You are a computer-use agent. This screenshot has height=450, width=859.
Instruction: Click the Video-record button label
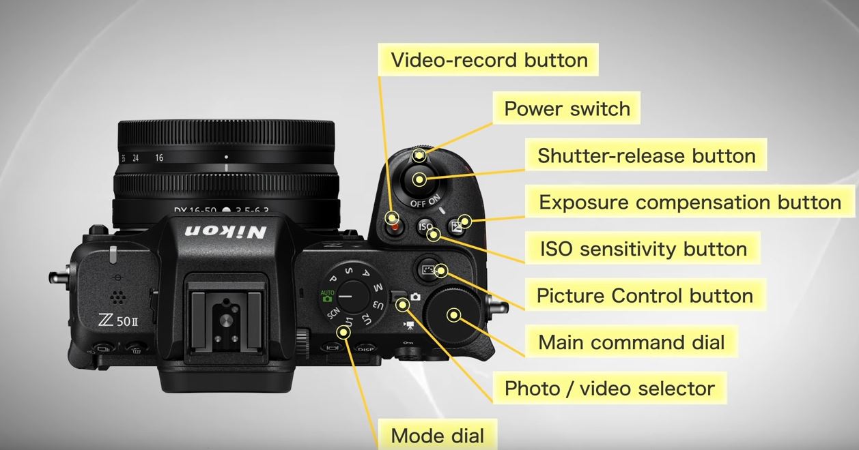488,59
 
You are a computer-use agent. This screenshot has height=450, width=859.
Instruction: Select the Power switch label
567,108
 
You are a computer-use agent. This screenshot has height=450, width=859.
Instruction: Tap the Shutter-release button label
646,155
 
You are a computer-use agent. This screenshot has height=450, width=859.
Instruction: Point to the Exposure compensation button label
690,202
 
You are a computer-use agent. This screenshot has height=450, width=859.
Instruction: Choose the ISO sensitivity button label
643,249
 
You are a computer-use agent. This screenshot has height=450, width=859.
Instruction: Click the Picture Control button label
645,296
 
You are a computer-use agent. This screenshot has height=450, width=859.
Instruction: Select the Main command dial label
631,342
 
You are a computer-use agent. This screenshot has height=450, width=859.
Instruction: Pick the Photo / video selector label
609,389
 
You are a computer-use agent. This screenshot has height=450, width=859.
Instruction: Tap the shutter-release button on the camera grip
419,180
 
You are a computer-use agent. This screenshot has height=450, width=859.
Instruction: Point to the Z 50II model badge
117,320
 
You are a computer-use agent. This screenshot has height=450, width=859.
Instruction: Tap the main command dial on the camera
453,314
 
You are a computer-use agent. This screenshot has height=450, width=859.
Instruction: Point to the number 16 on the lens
159,157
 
